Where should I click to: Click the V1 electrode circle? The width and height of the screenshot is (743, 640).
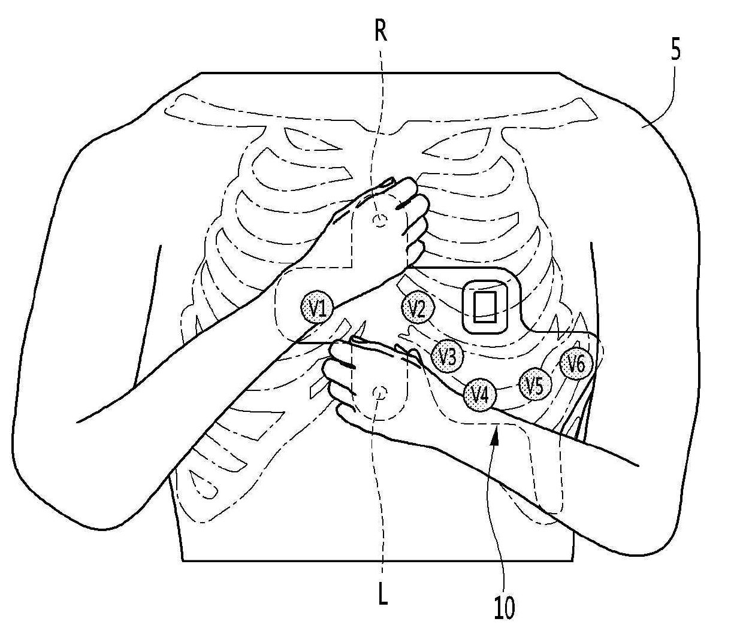[x=316, y=308]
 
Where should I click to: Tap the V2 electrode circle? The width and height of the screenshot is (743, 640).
[x=416, y=308]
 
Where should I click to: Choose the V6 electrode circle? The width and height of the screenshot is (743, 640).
[x=576, y=363]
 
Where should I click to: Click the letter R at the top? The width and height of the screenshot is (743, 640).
[x=380, y=31]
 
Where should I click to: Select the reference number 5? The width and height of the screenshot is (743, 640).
[x=675, y=51]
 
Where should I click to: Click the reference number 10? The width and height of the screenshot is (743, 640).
[x=504, y=608]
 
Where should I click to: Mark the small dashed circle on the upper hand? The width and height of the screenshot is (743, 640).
[x=379, y=221]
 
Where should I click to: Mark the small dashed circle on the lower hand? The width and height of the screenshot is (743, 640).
[x=379, y=393]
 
